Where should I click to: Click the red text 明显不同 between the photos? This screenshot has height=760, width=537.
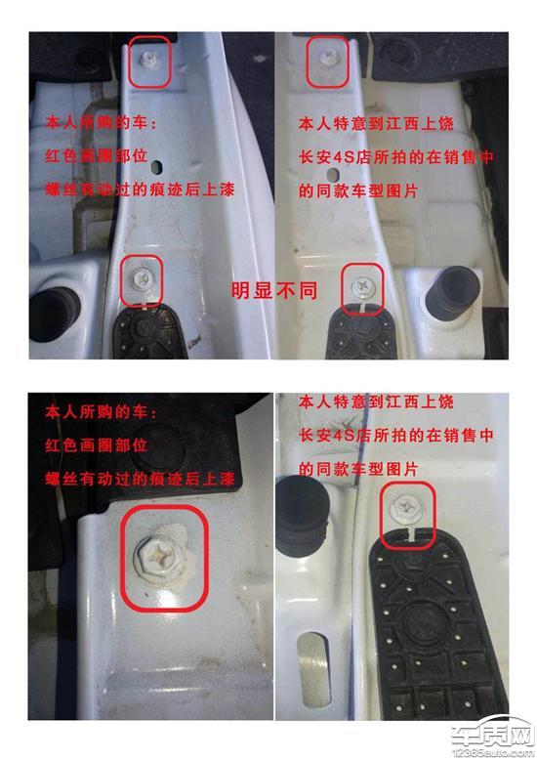(274, 290)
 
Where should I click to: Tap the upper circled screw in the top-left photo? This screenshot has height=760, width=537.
(146, 60)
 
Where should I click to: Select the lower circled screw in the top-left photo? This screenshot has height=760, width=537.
(141, 278)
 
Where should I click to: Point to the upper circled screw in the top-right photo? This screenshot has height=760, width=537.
(328, 59)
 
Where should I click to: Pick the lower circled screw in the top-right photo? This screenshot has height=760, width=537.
(361, 285)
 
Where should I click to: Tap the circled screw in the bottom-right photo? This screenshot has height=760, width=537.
(406, 508)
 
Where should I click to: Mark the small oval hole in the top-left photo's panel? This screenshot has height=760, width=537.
(156, 168)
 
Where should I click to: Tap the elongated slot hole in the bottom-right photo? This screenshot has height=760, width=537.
(313, 668)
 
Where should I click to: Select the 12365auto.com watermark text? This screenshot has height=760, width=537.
(492, 753)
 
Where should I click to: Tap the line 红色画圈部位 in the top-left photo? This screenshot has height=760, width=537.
(96, 155)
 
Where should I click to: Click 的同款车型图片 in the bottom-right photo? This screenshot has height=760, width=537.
(357, 469)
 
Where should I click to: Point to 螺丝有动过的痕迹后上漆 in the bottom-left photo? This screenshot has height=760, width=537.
(140, 479)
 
